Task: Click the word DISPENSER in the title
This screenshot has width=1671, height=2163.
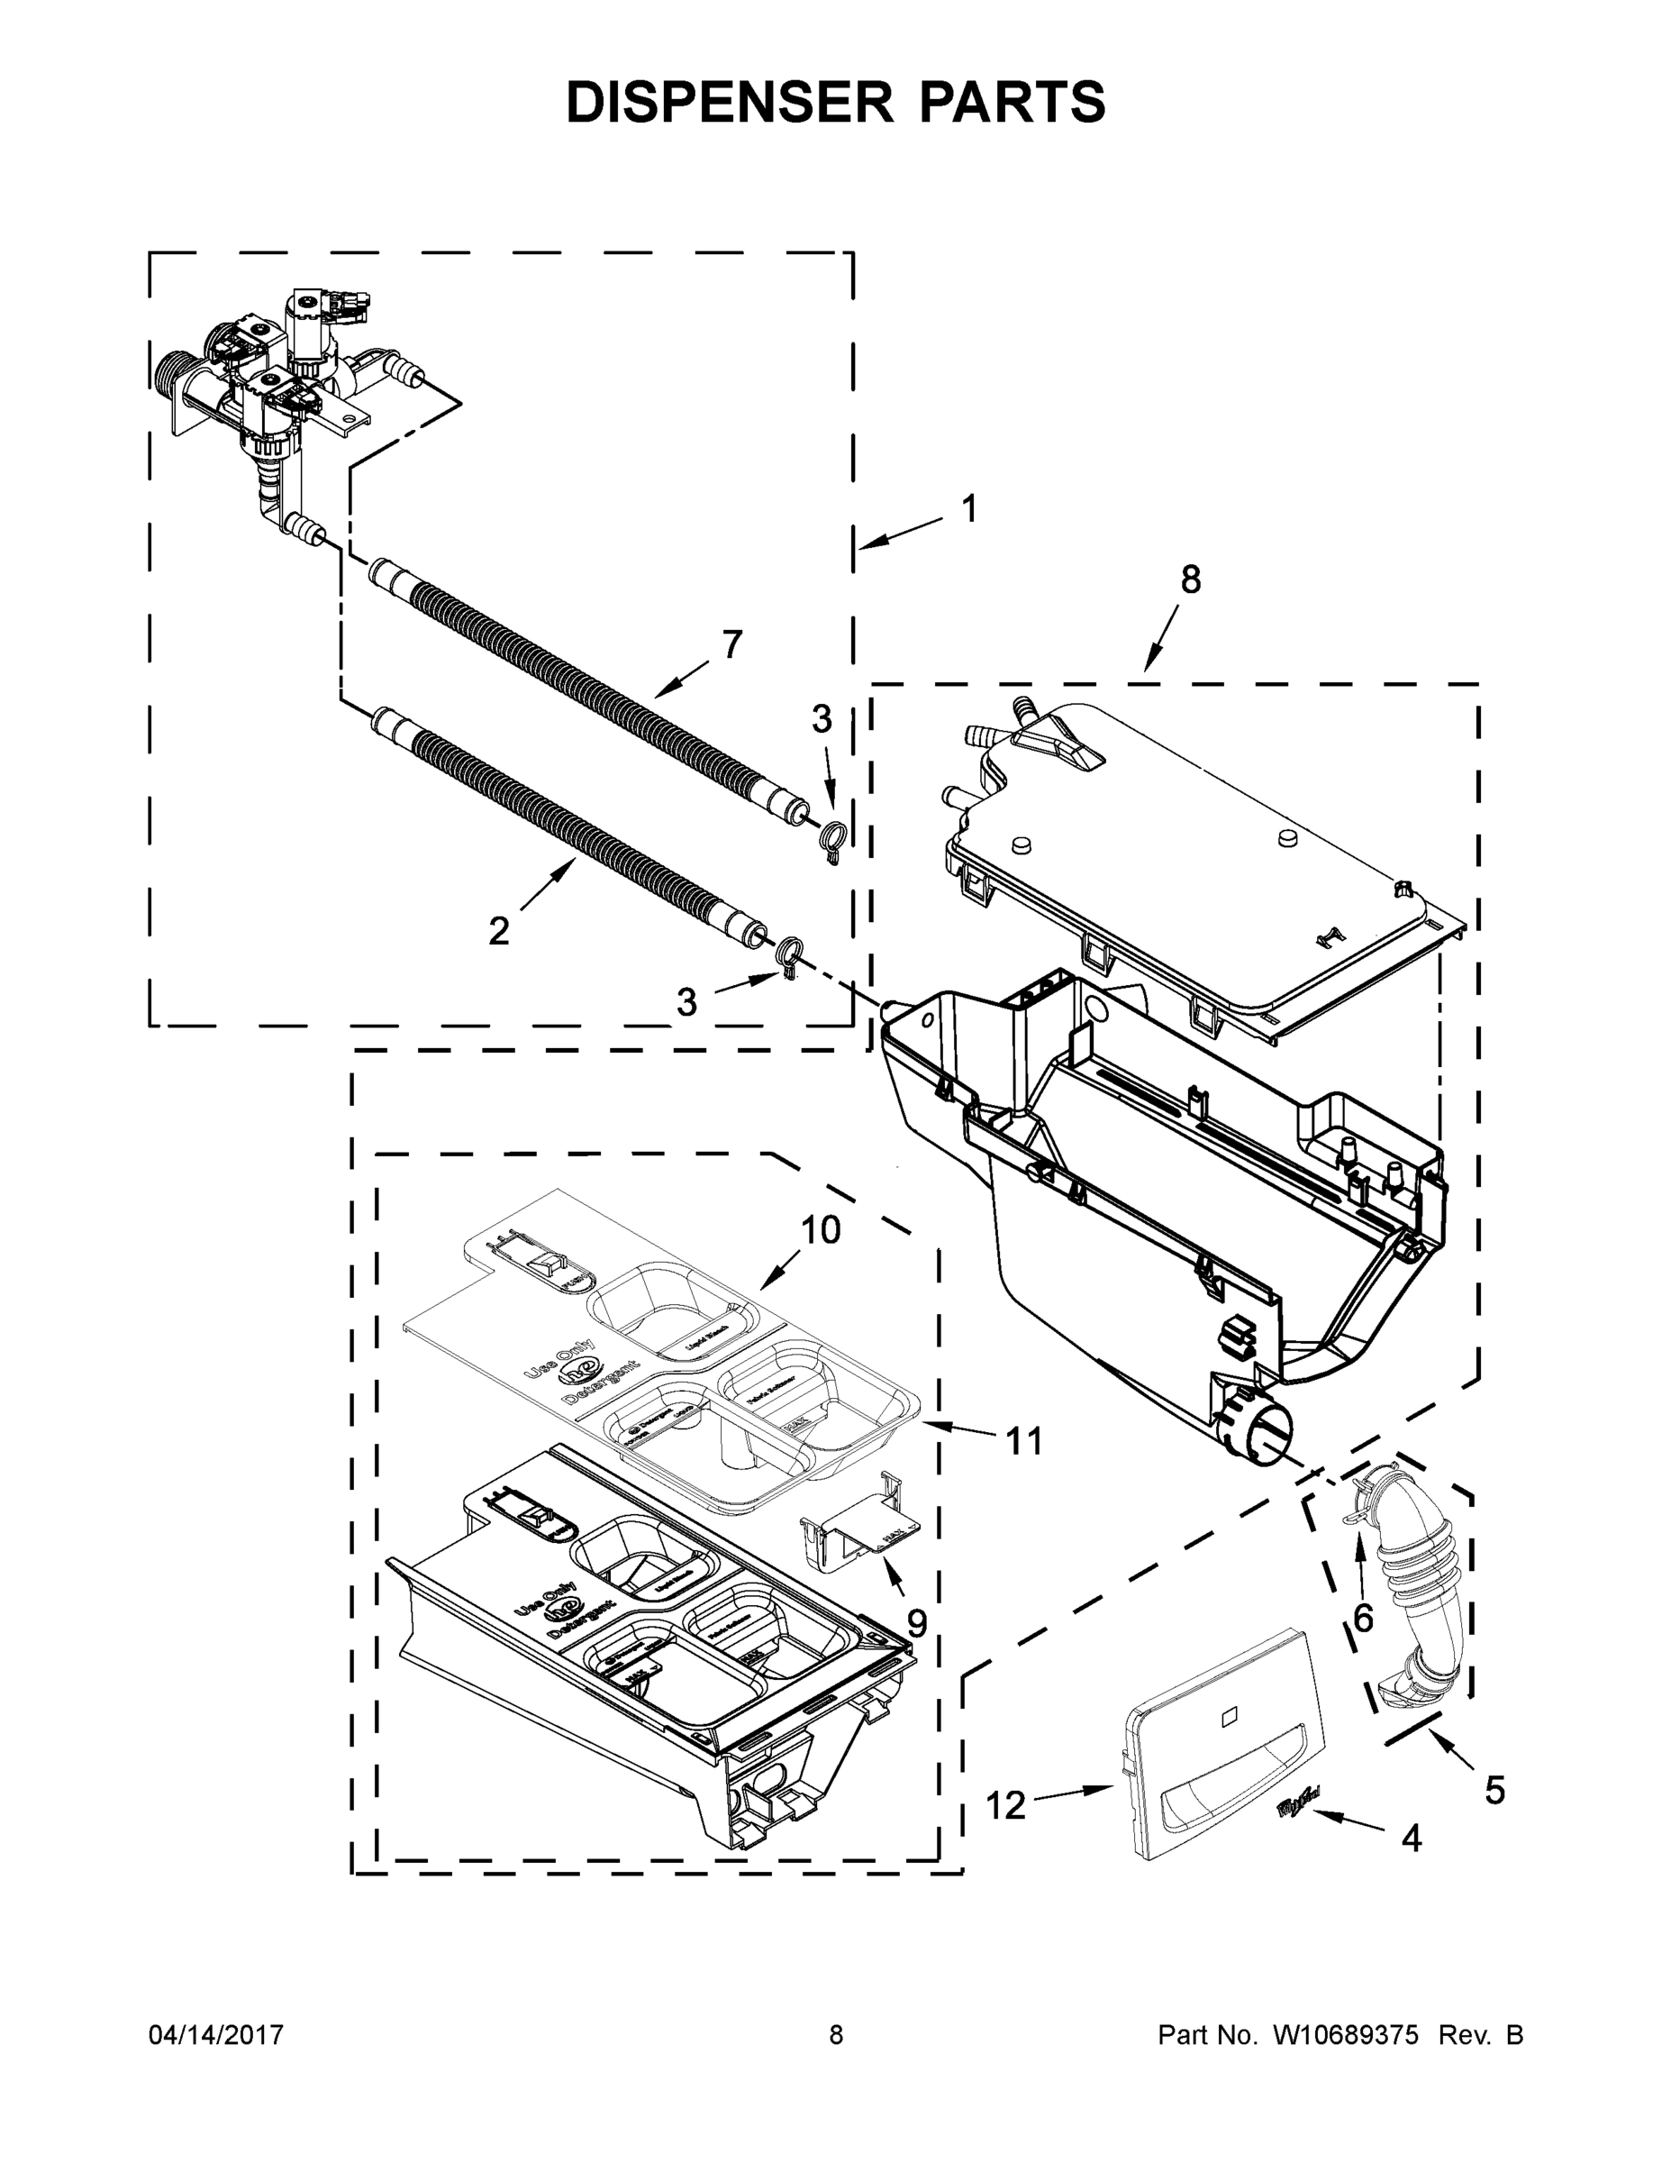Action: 730,102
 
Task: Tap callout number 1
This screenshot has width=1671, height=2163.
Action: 969,509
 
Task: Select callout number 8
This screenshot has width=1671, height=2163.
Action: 1191,580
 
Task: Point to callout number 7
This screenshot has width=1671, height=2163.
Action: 731,644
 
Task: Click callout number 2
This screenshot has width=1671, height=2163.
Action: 499,931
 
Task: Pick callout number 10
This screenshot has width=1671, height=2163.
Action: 821,1230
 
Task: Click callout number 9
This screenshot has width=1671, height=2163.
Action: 917,1623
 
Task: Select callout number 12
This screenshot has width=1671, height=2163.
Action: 1006,1805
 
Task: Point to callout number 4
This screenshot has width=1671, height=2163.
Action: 1411,1839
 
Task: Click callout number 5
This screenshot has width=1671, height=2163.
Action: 1494,1790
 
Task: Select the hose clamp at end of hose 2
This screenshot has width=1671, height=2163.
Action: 789,959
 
